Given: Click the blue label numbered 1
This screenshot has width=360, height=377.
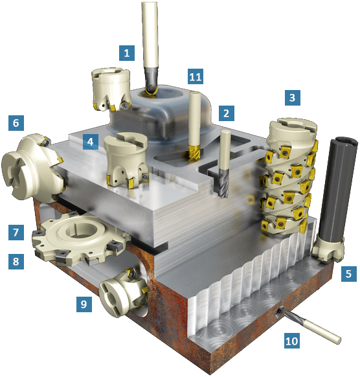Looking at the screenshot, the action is pyautogui.click(x=127, y=53).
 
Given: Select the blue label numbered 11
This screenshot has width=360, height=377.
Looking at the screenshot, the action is pyautogui.click(x=196, y=76).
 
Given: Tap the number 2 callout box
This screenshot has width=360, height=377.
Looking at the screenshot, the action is pyautogui.click(x=227, y=113).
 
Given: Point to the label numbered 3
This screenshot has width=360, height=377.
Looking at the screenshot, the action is pyautogui.click(x=293, y=98).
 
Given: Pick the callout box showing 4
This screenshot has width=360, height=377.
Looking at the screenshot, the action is pyautogui.click(x=91, y=142).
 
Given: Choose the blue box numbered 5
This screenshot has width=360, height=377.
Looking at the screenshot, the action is pyautogui.click(x=349, y=273).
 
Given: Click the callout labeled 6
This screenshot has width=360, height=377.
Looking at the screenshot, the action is pyautogui.click(x=16, y=123).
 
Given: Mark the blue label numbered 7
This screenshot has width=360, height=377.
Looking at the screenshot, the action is pyautogui.click(x=16, y=233).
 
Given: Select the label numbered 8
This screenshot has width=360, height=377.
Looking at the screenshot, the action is pyautogui.click(x=16, y=261).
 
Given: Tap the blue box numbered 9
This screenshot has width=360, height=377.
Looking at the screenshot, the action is pyautogui.click(x=84, y=304).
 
